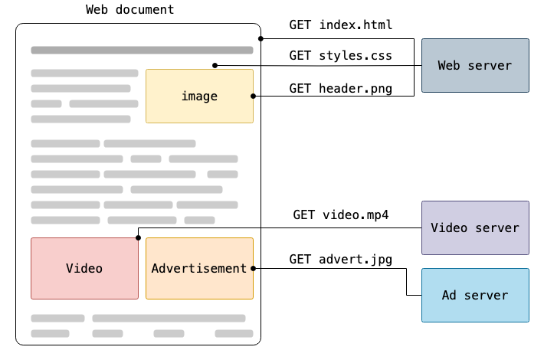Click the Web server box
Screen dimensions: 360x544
click(475, 66)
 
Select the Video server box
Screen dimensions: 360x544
click(475, 228)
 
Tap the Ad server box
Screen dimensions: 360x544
click(475, 295)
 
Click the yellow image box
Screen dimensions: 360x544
click(199, 97)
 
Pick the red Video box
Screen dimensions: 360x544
click(84, 268)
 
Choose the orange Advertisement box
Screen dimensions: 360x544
click(199, 268)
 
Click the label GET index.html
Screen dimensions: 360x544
click(340, 25)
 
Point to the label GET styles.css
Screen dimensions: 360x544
click(340, 56)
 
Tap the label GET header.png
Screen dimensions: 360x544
click(340, 88)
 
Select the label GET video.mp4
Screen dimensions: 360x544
click(340, 214)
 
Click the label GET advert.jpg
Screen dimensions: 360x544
click(340, 259)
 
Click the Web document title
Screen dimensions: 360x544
click(129, 10)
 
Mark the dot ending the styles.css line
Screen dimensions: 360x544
click(215, 65)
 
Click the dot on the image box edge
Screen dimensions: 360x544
click(253, 96)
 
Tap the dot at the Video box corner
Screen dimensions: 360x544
click(138, 237)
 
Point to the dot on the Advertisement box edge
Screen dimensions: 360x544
click(253, 268)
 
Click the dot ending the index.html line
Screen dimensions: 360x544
click(261, 38)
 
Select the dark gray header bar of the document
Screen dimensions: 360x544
click(142, 51)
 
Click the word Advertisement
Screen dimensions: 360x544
click(199, 268)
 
